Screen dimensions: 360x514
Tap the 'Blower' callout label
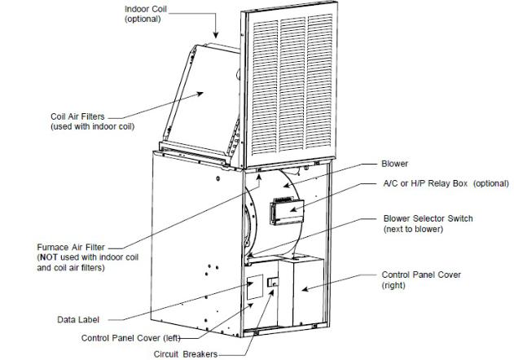(395, 163)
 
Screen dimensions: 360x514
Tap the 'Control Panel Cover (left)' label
(130, 338)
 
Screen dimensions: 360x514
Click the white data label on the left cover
(255, 287)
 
